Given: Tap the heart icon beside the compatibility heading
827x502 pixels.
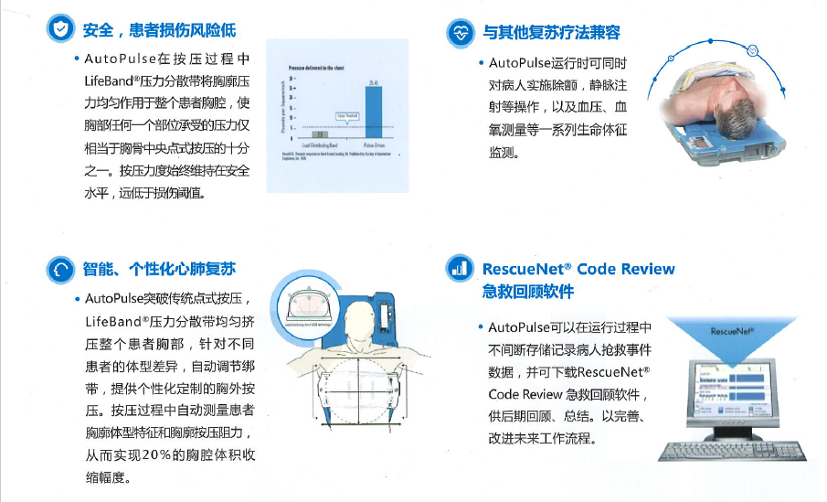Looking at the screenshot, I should point(460,33).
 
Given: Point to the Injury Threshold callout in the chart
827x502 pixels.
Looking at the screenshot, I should point(348,116).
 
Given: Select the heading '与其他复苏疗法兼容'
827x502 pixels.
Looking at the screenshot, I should point(552,33).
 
